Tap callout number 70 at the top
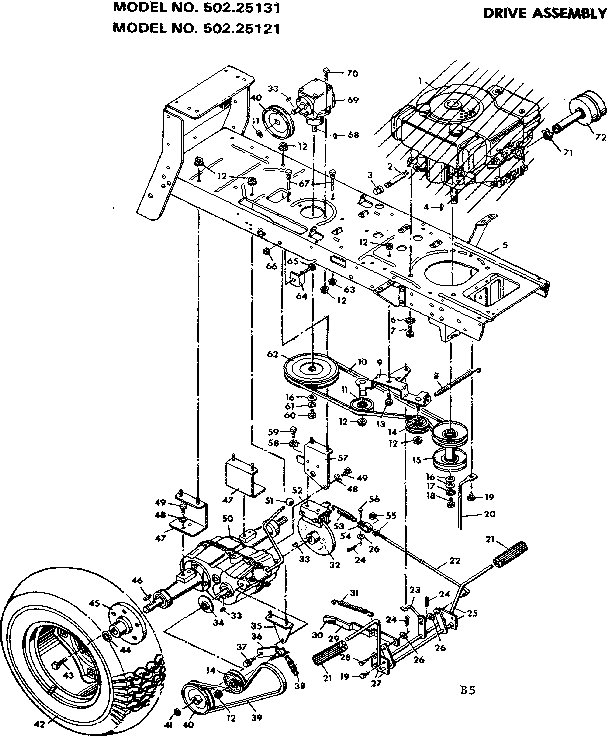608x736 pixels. (352, 73)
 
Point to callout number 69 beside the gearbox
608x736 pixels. (352, 102)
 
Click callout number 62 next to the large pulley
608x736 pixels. (271, 355)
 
